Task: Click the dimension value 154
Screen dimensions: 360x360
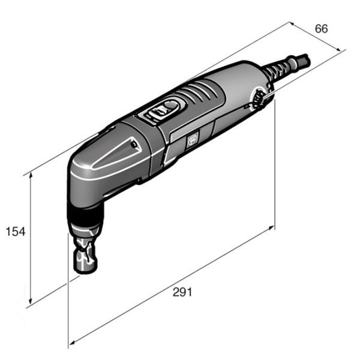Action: (x=15, y=232)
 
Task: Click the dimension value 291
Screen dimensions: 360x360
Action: (x=182, y=292)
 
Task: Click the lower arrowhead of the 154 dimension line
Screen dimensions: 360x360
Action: (x=30, y=302)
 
